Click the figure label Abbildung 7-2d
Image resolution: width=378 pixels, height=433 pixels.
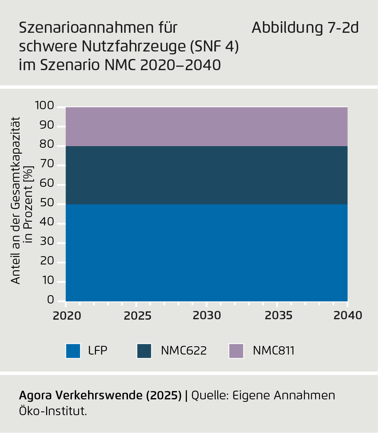(x=305, y=28)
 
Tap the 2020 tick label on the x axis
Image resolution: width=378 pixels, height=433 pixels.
(x=67, y=316)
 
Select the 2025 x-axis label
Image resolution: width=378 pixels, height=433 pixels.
(x=138, y=316)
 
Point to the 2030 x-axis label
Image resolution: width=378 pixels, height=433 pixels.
(x=207, y=316)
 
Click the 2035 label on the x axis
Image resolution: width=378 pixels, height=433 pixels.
(x=278, y=316)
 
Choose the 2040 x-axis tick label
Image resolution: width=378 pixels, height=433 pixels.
(x=348, y=316)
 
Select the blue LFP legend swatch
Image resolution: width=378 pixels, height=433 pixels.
(x=73, y=351)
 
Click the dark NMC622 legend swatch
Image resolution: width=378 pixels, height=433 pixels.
(x=144, y=351)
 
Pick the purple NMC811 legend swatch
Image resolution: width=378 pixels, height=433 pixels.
(x=236, y=351)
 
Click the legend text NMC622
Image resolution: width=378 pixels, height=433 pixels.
(x=184, y=351)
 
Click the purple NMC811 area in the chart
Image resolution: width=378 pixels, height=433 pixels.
(x=206, y=126)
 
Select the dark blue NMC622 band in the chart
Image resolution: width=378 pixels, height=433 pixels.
(x=206, y=175)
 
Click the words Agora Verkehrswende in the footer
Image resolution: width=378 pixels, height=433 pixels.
(x=81, y=396)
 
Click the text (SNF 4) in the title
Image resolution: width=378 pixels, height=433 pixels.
(x=214, y=46)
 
